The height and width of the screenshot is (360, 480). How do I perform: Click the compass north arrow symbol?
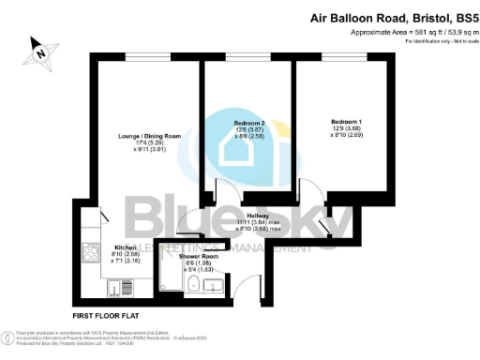(39, 52)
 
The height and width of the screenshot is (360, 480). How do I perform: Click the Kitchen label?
(126, 248)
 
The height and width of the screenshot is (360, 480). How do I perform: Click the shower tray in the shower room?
(169, 272)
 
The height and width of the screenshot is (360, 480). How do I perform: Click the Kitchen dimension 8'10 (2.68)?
(126, 256)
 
